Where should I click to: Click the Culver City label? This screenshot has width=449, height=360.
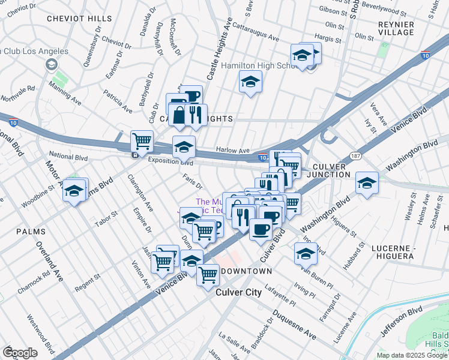pos(238,292)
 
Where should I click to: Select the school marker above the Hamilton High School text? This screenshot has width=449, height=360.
pos(301,55)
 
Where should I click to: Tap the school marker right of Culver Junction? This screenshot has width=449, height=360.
pos(367,183)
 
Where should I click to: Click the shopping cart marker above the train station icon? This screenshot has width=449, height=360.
pos(142,142)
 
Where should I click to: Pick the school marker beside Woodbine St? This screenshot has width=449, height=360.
pos(74,191)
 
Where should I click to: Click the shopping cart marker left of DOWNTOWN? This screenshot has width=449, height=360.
pos(208,274)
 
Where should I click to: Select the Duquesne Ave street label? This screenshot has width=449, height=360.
pos(294,325)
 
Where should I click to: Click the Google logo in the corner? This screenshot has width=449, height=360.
pos(20,353)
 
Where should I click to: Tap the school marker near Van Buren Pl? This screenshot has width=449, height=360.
pos(305,254)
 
